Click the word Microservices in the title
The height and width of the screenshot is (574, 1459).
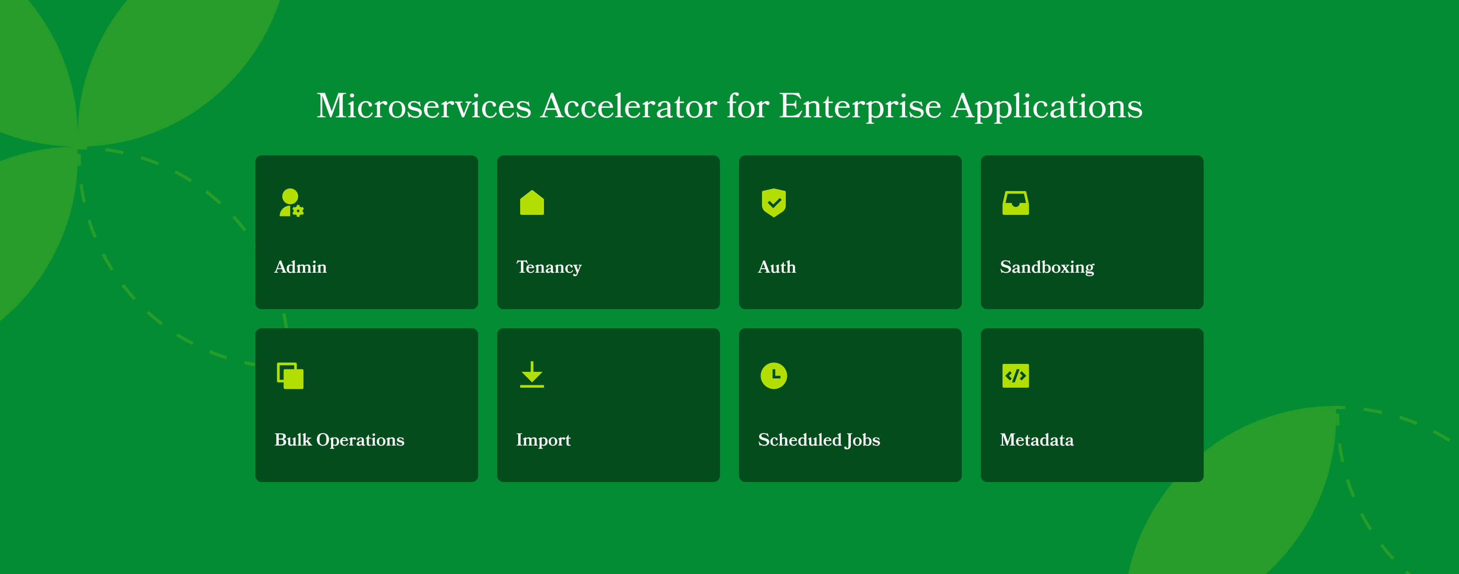click(x=424, y=106)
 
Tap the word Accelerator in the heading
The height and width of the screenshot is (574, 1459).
click(x=629, y=106)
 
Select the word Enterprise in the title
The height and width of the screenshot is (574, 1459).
click(x=860, y=106)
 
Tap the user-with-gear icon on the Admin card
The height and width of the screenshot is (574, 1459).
click(x=291, y=203)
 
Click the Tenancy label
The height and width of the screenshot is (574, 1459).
click(x=549, y=267)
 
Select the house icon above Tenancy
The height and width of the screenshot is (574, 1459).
click(x=532, y=203)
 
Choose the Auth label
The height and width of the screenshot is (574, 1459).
click(x=777, y=267)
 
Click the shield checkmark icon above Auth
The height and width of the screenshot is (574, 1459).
click(x=774, y=203)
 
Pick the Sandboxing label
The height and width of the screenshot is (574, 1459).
click(x=1047, y=267)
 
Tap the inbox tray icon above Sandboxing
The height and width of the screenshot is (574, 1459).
click(x=1015, y=203)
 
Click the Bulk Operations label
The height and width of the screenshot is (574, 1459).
click(x=339, y=440)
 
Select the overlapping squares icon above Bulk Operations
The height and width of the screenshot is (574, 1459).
click(x=290, y=376)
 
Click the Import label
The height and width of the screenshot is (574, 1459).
click(x=543, y=440)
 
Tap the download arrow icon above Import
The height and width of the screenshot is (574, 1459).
click(x=532, y=375)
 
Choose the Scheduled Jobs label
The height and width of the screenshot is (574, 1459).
click(x=819, y=440)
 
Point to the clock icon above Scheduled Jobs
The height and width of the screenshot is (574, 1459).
click(x=774, y=376)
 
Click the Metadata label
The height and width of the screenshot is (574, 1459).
click(x=1036, y=440)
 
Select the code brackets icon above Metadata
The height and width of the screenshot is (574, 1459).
click(x=1015, y=376)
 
